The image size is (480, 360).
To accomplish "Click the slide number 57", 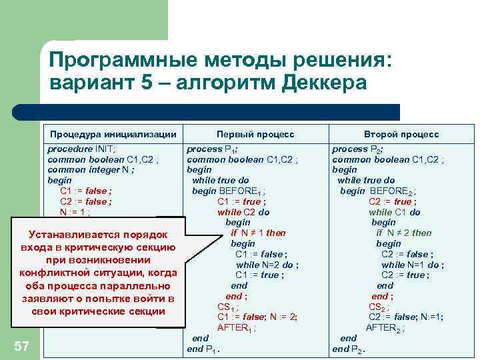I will click(22, 345).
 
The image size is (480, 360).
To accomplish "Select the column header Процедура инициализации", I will click(113, 134).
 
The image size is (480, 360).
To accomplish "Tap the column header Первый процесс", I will click(255, 134).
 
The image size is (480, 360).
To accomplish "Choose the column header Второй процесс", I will click(401, 134).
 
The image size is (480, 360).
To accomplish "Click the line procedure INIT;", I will click(81, 149).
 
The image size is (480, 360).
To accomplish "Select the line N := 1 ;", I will click(75, 212).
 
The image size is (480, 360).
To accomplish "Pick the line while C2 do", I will click(243, 212).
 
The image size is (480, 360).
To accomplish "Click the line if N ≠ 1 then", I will click(257, 233).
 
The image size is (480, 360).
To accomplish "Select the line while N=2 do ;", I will click(267, 265).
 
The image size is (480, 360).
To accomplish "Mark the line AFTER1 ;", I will click(237, 327).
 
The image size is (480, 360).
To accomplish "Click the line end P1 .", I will click(204, 349).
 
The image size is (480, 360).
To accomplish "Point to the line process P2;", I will click(362, 149).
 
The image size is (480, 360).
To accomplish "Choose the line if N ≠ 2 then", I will click(403, 233).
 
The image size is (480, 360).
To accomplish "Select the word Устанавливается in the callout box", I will click(71, 234).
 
